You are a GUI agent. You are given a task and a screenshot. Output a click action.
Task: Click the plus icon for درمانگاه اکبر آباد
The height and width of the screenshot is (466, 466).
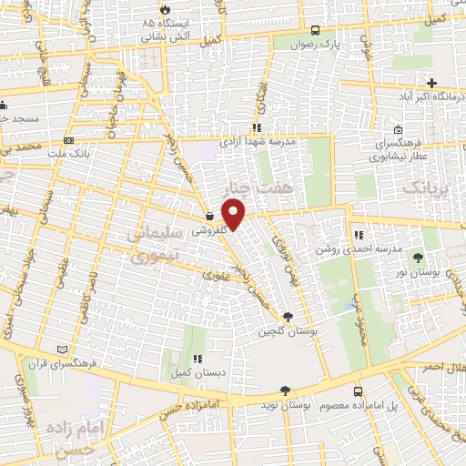431,84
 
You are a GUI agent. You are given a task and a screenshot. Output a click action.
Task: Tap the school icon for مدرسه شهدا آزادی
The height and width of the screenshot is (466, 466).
258,128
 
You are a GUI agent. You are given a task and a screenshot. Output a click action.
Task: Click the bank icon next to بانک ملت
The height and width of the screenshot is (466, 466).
70,140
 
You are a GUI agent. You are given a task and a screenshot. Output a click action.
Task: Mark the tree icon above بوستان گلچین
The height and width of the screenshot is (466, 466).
288,316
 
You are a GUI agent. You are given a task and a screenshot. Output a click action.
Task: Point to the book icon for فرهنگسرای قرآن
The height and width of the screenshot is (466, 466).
63,349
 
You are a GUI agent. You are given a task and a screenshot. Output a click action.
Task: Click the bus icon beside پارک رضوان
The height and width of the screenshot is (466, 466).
314,30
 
